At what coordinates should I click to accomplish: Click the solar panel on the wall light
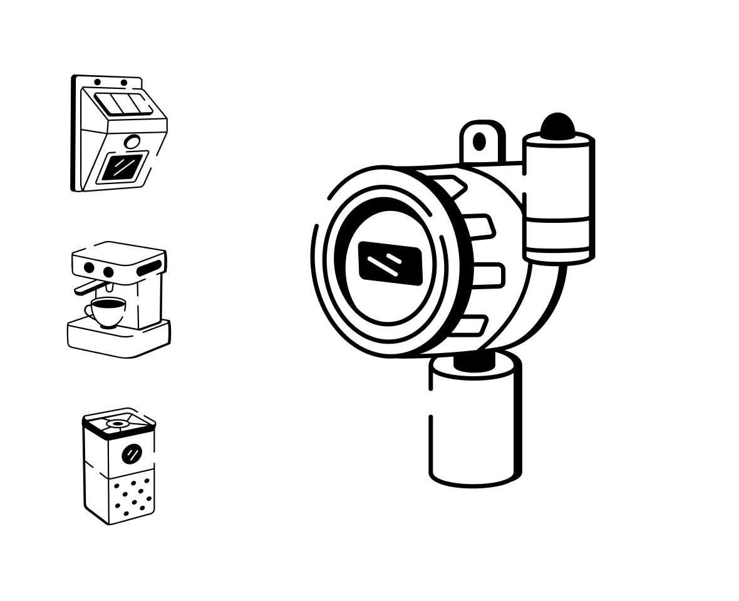(x=123, y=104)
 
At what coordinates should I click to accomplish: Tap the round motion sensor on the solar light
(x=132, y=142)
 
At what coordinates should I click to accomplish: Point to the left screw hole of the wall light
(x=97, y=83)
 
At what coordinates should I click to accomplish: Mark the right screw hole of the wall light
(x=124, y=83)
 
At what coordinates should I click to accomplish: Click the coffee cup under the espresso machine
(x=108, y=311)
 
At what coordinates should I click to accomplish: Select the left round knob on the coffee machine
(x=89, y=268)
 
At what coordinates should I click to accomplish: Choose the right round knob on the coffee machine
(x=108, y=272)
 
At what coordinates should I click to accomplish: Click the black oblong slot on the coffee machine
(x=149, y=267)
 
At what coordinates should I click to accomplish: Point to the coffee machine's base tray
(x=119, y=341)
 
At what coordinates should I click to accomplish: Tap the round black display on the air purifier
(x=132, y=453)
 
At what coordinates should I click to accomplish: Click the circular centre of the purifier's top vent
(x=118, y=424)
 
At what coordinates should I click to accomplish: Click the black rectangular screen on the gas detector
(x=390, y=264)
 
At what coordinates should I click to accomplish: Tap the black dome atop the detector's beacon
(x=557, y=126)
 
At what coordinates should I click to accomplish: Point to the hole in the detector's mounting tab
(x=479, y=142)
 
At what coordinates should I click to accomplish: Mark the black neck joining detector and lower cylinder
(x=474, y=363)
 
